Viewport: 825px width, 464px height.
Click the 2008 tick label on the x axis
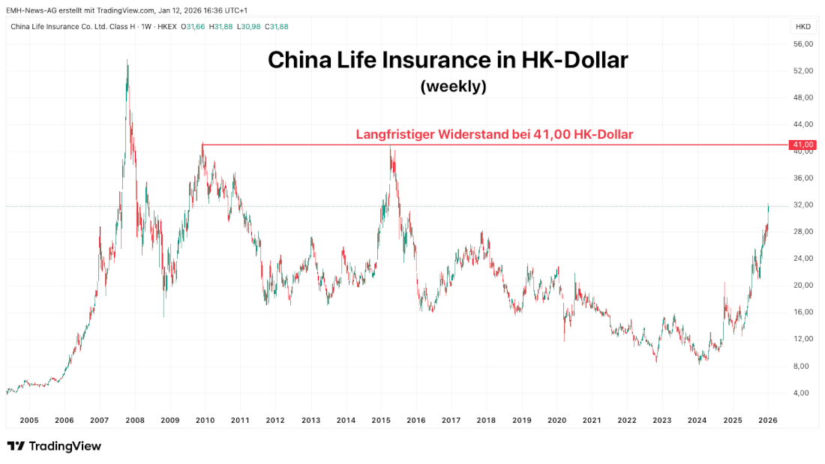[134, 421]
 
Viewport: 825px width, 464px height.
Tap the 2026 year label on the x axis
[767, 421]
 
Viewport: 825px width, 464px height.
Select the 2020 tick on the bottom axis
[556, 421]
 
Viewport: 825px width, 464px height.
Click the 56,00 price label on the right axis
[802, 44]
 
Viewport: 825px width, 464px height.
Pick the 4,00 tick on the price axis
[804, 393]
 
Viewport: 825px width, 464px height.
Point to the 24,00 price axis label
[802, 259]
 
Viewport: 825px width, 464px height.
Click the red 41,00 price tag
[802, 144]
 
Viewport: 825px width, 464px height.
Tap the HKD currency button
[802, 26]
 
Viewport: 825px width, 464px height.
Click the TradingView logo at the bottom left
[54, 447]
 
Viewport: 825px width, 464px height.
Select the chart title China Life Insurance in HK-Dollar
[448, 61]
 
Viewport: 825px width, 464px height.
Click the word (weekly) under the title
[454, 86]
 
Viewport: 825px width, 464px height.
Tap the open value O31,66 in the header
[193, 26]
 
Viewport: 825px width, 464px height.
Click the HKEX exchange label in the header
[166, 26]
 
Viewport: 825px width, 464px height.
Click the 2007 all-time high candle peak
[127, 61]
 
